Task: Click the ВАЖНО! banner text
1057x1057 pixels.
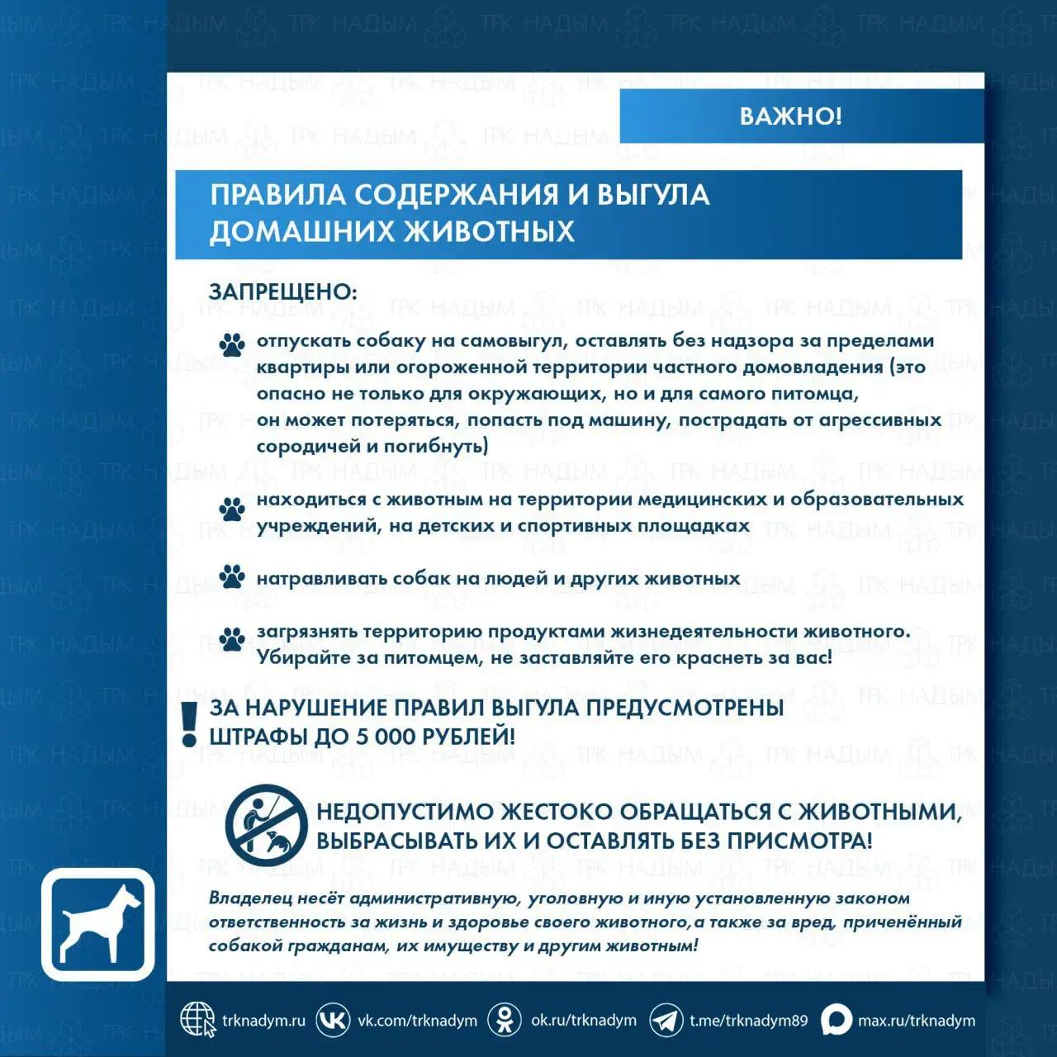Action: pyautogui.click(x=790, y=116)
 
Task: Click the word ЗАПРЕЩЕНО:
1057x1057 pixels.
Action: pyautogui.click(x=282, y=292)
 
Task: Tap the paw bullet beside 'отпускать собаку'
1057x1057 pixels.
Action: pyautogui.click(x=232, y=344)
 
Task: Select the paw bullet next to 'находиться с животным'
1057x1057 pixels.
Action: pyautogui.click(x=232, y=509)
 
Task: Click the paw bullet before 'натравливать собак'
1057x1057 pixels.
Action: pyautogui.click(x=232, y=576)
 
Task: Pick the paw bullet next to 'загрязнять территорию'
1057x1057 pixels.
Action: pyautogui.click(x=232, y=639)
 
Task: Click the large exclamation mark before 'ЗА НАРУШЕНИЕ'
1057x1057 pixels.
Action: pyautogui.click(x=190, y=723)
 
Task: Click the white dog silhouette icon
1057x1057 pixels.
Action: pyautogui.click(x=98, y=924)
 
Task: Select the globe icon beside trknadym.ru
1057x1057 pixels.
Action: pyautogui.click(x=197, y=1020)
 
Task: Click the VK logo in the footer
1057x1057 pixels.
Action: pyautogui.click(x=333, y=1020)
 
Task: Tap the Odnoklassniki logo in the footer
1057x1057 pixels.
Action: pyautogui.click(x=504, y=1020)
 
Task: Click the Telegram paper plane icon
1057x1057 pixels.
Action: pyautogui.click(x=666, y=1021)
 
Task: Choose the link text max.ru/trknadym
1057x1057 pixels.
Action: pyautogui.click(x=916, y=1021)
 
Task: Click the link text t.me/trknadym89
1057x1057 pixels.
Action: pyautogui.click(x=748, y=1021)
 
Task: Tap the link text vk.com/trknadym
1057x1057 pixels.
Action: pyautogui.click(x=417, y=1021)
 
